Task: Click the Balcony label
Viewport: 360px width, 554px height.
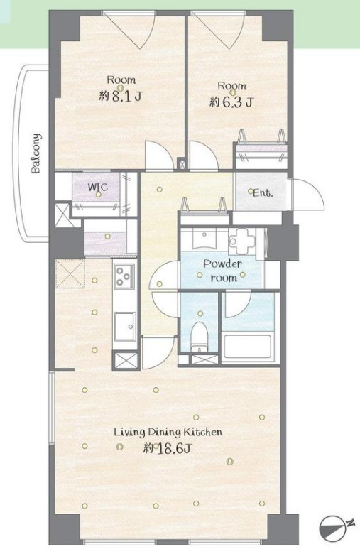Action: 36,153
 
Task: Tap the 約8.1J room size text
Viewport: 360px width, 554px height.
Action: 121,96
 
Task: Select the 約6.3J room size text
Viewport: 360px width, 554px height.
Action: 231,102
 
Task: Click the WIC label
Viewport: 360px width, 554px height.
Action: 97,187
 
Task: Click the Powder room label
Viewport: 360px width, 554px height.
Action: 222,271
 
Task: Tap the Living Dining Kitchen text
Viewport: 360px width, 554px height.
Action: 168,432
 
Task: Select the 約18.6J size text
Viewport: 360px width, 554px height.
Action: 168,449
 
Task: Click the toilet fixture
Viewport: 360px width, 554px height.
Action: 200,337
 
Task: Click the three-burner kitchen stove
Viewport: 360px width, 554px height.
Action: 124,276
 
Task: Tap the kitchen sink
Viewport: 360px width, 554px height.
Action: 125,327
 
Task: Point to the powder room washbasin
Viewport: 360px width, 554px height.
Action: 204,239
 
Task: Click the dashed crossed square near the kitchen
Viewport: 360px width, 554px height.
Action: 70,273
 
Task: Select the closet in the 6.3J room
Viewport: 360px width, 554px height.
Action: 261,150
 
